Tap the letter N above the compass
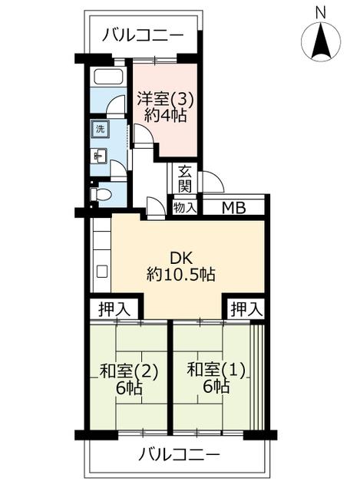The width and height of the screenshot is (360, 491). [321, 13]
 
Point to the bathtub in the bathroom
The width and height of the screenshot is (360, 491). [108, 77]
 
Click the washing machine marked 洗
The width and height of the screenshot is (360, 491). [100, 129]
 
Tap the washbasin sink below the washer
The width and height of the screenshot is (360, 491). [99, 156]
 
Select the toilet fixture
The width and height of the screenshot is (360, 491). [101, 194]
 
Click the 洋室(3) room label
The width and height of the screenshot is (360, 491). [166, 101]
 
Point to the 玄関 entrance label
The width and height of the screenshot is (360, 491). [185, 179]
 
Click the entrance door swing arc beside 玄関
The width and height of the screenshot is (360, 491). [213, 182]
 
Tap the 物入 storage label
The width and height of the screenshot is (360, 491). [185, 207]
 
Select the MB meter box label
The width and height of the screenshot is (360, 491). [234, 208]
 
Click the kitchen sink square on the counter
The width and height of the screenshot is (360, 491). [102, 271]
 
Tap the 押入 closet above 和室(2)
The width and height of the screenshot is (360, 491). [114, 309]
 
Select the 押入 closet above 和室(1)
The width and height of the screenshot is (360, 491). [246, 309]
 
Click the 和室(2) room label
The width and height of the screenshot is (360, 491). [128, 371]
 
